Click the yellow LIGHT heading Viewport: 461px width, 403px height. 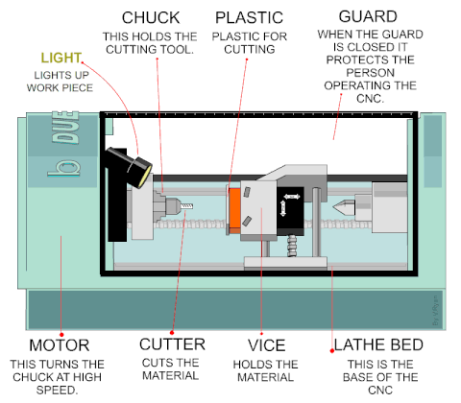(61, 58)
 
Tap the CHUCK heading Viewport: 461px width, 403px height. (151, 17)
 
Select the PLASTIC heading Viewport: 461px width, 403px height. (249, 17)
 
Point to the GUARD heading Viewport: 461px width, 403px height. (368, 16)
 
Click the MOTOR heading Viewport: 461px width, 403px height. (60, 345)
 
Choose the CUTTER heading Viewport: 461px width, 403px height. (172, 344)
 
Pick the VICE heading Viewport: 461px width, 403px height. (266, 345)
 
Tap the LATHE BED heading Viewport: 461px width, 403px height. (378, 344)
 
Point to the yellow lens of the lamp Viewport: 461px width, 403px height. (145, 177)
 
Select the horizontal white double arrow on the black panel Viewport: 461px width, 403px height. (292, 197)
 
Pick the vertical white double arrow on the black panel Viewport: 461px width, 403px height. (282, 208)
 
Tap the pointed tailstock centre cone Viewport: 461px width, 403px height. (344, 206)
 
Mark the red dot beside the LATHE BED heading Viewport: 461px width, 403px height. (332, 351)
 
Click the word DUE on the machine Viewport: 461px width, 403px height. (65, 128)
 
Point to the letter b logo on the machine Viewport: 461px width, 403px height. (64, 168)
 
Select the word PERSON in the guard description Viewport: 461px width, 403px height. (370, 73)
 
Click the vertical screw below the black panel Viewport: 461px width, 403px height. (292, 246)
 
